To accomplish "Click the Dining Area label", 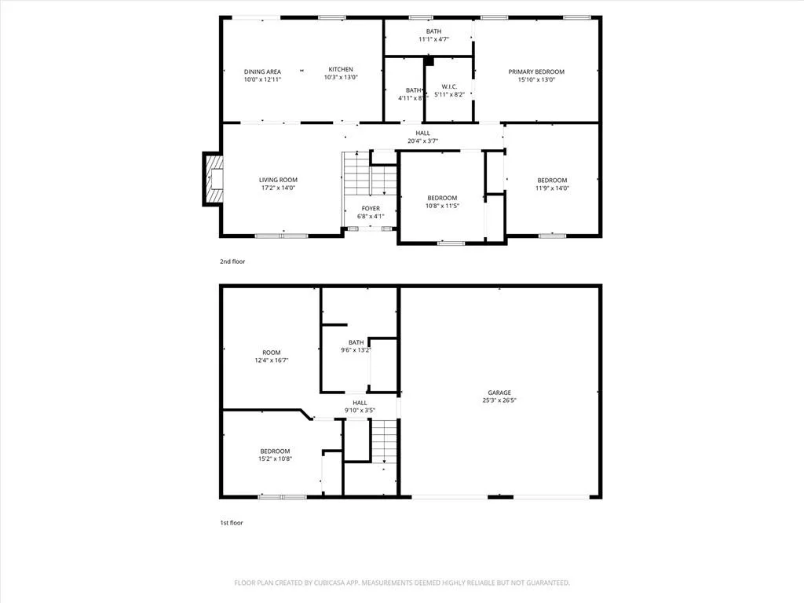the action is (262, 71).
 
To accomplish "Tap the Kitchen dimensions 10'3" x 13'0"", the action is (341, 78).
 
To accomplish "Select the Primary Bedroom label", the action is (536, 71).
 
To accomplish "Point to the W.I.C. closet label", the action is (449, 86).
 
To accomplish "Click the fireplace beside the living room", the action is (212, 179).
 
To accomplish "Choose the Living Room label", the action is (278, 180).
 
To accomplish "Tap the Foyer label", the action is (371, 208).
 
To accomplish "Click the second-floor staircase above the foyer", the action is (370, 174).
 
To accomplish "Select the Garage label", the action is (499, 393).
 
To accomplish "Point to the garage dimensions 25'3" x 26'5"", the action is (499, 400).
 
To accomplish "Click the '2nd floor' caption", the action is (232, 261).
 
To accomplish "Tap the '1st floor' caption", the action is (232, 523).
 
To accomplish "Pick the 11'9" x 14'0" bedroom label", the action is (552, 184).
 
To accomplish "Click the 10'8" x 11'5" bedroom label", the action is (442, 202).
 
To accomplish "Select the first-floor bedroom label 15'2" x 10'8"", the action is (275, 455).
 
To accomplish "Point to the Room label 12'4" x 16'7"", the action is (271, 356).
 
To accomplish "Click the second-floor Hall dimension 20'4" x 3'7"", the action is (423, 141).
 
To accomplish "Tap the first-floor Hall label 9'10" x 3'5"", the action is (360, 407).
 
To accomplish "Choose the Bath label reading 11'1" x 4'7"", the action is (433, 35).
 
